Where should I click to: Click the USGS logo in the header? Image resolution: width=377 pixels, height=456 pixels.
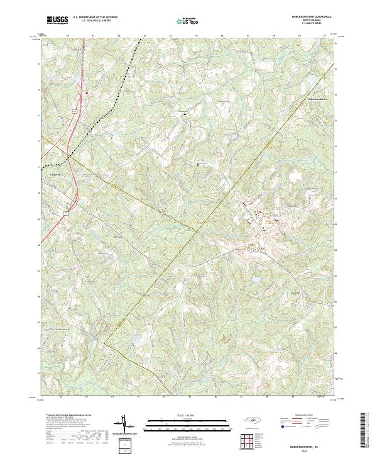58,20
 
